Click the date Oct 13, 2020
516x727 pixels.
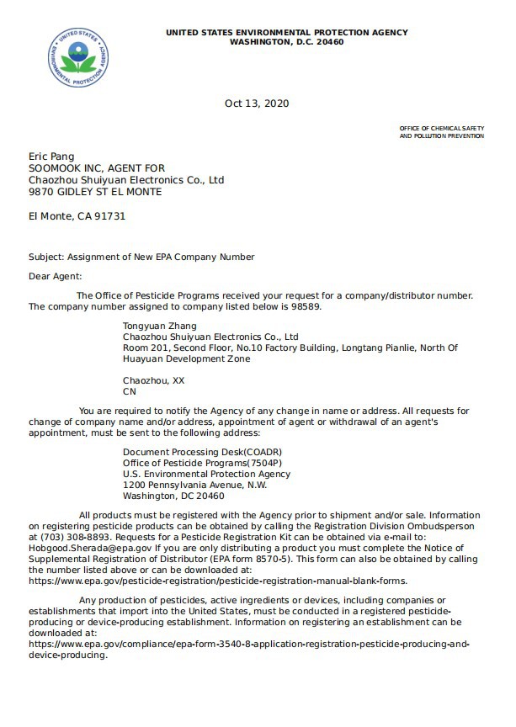(x=257, y=103)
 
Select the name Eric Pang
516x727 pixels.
(x=51, y=156)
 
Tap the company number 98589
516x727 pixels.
(x=306, y=306)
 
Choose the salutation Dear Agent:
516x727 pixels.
(x=56, y=275)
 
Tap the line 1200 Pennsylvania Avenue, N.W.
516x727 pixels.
(x=194, y=485)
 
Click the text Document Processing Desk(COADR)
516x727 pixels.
(x=193, y=452)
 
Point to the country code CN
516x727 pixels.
(x=130, y=391)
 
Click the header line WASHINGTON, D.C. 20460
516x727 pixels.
(x=286, y=41)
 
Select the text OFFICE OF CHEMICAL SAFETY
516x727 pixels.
(x=441, y=127)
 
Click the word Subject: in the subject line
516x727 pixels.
(x=45, y=257)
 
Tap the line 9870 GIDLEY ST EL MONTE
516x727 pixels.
(x=95, y=192)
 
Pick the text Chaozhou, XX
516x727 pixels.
(x=153, y=380)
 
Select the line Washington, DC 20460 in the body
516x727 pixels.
(x=173, y=496)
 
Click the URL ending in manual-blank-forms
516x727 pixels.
(x=217, y=580)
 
